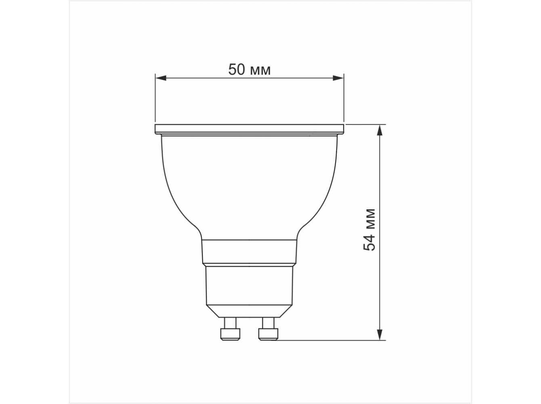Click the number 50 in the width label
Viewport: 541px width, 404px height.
pyautogui.click(x=237, y=69)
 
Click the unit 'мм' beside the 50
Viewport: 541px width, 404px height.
pyautogui.click(x=260, y=71)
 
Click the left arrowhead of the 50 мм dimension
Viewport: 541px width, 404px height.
pyautogui.click(x=161, y=78)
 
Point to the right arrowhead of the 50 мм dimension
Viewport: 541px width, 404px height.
pyautogui.click(x=338, y=78)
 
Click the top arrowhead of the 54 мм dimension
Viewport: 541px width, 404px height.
pyautogui.click(x=380, y=130)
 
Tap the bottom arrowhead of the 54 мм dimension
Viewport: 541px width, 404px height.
pyautogui.click(x=380, y=335)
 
